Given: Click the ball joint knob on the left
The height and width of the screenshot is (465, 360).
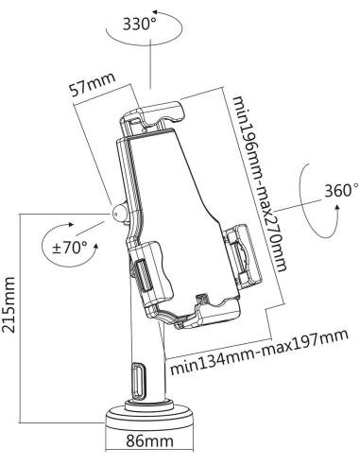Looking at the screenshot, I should point(119,211).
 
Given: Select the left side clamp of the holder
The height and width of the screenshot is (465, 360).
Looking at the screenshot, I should point(149,273).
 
